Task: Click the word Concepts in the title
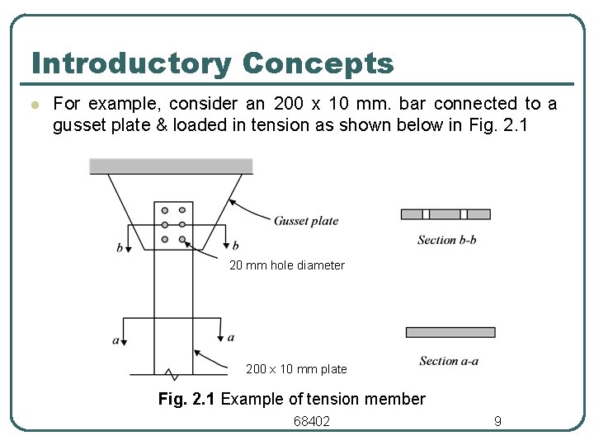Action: click(318, 63)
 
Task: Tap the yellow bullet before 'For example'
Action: click(34, 105)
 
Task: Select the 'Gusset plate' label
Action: click(306, 221)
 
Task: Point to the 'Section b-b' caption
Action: click(448, 240)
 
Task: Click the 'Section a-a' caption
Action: click(449, 361)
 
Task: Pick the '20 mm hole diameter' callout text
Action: click(286, 265)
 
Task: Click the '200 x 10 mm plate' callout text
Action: click(296, 369)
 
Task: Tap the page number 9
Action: click(497, 421)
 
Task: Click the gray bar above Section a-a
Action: click(450, 332)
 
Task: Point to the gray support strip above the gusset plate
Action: click(171, 166)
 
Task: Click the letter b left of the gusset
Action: click(120, 247)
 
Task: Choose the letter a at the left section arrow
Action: click(116, 340)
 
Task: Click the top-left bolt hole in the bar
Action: click(166, 210)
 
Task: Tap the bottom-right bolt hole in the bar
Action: click(181, 240)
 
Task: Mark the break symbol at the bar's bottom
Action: click(171, 373)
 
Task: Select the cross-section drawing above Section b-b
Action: click(445, 214)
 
